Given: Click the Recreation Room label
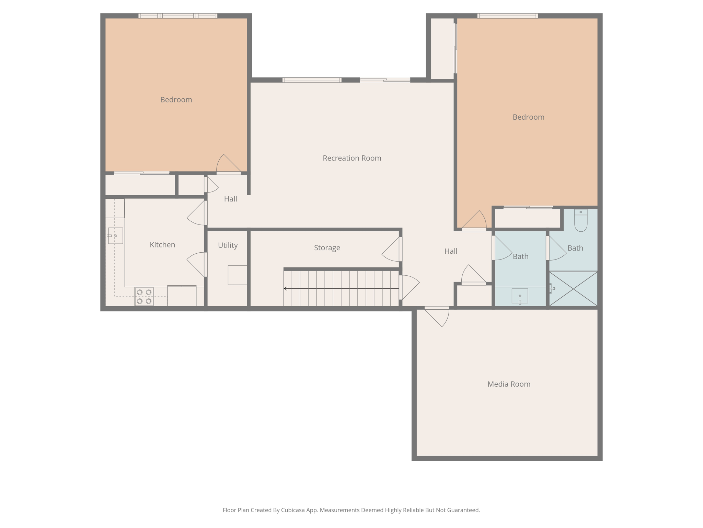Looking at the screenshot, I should click(x=352, y=158).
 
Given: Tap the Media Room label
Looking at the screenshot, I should click(x=509, y=384).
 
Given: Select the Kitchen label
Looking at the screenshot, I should click(x=162, y=245).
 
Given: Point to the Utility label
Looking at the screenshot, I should click(x=228, y=245).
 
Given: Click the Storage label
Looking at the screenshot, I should click(x=327, y=247).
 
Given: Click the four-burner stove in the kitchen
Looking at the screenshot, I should click(x=144, y=297).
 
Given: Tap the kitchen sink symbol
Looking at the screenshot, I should click(x=115, y=236).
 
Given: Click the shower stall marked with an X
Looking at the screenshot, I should click(x=573, y=289).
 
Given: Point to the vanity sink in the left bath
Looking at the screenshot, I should click(x=520, y=296).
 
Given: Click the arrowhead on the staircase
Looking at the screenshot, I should click(x=285, y=288).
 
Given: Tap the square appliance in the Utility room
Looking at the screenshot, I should click(x=237, y=275).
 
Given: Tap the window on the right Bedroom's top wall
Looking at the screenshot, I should click(x=507, y=16).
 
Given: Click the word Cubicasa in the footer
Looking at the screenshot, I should click(x=293, y=510).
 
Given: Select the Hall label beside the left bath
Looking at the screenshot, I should click(x=451, y=251).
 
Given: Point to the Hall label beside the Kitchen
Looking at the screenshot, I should click(x=230, y=199).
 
